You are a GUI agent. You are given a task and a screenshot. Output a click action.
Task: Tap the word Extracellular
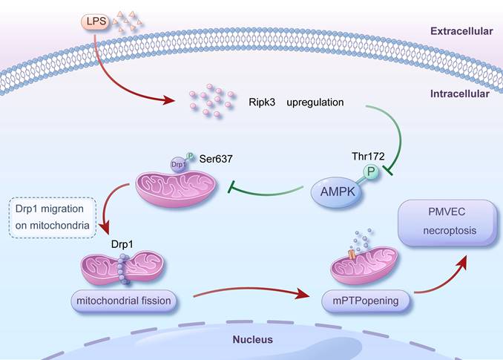(461, 31)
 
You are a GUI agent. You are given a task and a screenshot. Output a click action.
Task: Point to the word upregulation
(315, 102)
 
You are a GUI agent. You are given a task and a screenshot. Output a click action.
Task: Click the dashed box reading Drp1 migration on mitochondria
(52, 217)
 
